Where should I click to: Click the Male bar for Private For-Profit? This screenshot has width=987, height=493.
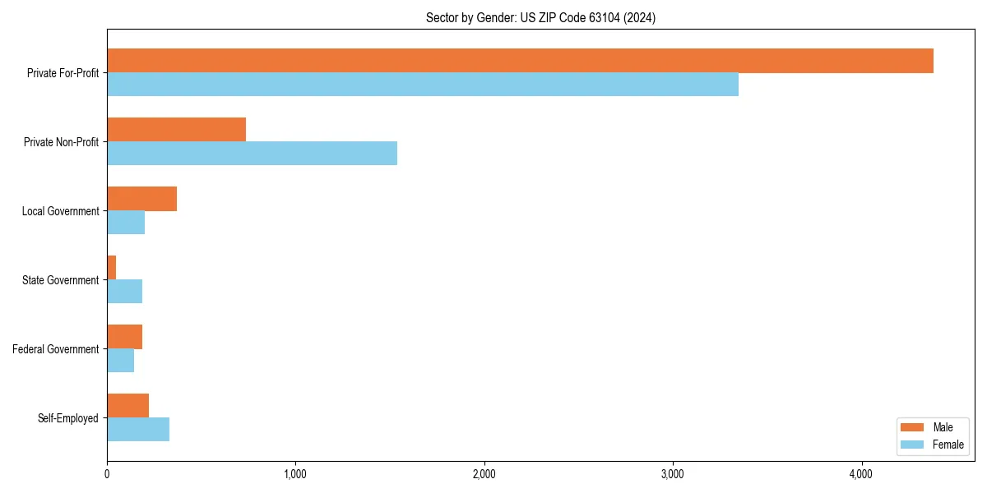[x=520, y=61]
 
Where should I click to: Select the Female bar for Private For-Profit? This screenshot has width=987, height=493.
[x=423, y=85]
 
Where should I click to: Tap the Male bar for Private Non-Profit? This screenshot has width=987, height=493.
[x=176, y=130]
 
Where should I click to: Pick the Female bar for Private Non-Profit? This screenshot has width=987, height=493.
[x=252, y=154]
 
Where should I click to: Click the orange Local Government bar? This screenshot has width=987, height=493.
[x=141, y=199]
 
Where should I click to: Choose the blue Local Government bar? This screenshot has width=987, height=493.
[x=126, y=223]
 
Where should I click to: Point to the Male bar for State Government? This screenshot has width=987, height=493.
[x=112, y=268]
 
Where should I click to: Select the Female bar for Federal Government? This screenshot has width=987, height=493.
[x=120, y=361]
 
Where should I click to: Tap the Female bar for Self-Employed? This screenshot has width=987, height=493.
[x=138, y=430]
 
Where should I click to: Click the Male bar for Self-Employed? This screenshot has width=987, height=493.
[x=127, y=406]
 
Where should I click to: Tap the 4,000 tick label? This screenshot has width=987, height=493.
[x=861, y=474]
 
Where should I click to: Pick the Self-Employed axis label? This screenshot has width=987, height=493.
[x=67, y=418]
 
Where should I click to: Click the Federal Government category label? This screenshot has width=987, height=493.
[x=56, y=349]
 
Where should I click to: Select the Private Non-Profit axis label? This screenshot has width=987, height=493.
[x=61, y=142]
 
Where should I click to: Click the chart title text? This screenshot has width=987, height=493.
[x=540, y=17]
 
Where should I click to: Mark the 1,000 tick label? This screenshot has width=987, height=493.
[x=295, y=474]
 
